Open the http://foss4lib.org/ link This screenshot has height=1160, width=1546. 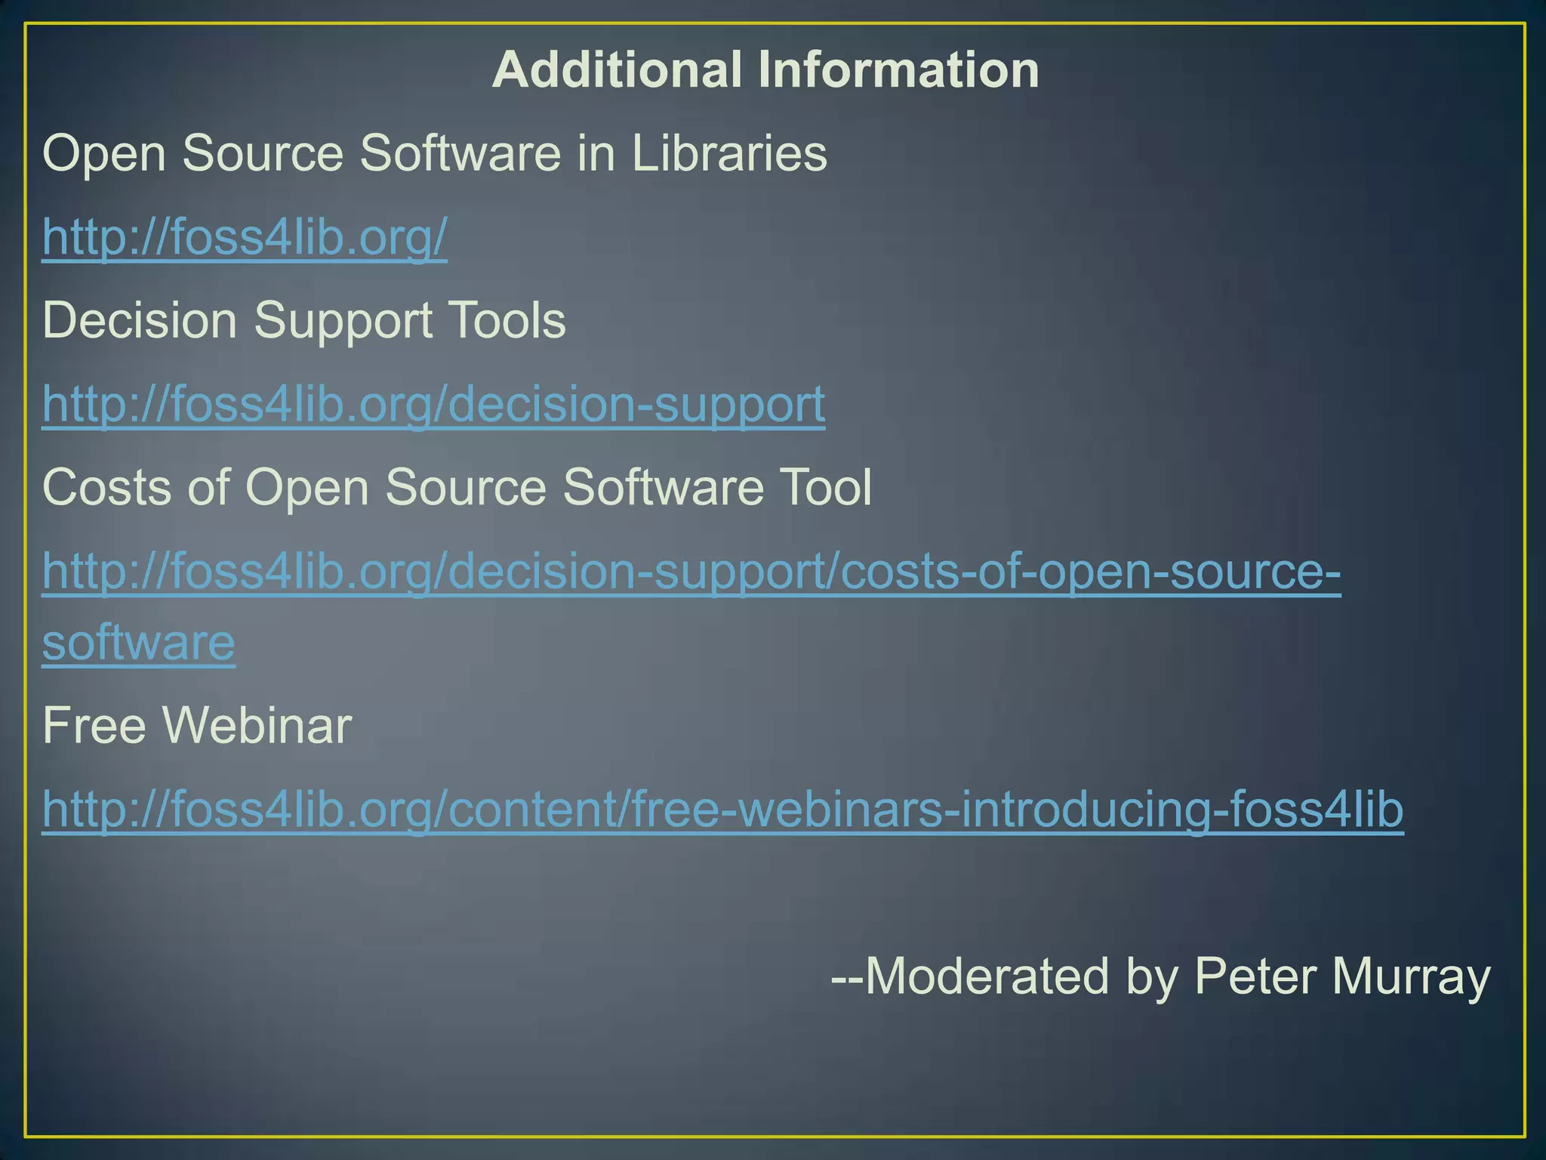coord(245,238)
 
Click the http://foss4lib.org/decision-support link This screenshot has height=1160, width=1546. coord(433,405)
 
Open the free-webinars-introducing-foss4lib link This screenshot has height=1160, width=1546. coord(722,810)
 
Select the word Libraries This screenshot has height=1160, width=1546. coord(729,153)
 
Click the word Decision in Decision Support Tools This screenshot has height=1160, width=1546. coord(140,320)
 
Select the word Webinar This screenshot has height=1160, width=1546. coord(257,726)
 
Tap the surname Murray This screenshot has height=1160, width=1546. coord(1411,976)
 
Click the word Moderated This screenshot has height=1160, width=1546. coord(989,976)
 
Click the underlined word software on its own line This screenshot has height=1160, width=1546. coord(138,643)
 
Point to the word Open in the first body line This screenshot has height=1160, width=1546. coord(103,155)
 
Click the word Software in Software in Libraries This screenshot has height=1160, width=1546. coord(460,153)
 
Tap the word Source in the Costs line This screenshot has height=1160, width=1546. coord(466,487)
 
